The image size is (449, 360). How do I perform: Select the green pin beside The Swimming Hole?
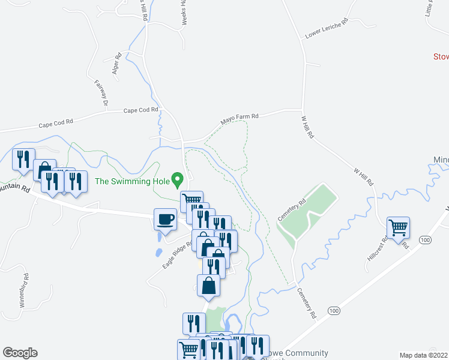coord(177,179)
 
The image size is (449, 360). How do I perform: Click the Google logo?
coord(20,353)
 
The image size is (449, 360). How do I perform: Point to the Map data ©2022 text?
coord(423,355)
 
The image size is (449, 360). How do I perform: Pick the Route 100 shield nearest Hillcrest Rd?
coord(425,240)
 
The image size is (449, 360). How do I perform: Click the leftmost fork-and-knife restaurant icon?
coord(23,159)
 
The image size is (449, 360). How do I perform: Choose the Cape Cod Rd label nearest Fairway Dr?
coord(140,110)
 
